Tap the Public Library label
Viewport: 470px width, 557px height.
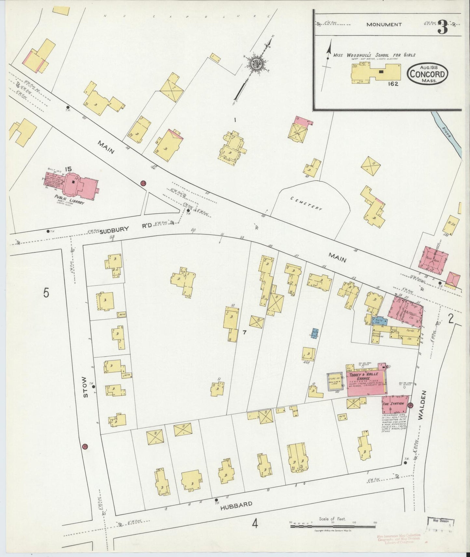click(x=70, y=202)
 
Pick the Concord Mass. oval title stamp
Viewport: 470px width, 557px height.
click(x=428, y=73)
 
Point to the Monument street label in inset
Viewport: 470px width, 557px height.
click(x=384, y=24)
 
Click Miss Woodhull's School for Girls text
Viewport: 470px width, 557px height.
click(x=374, y=55)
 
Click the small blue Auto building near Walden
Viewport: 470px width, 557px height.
click(x=379, y=321)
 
